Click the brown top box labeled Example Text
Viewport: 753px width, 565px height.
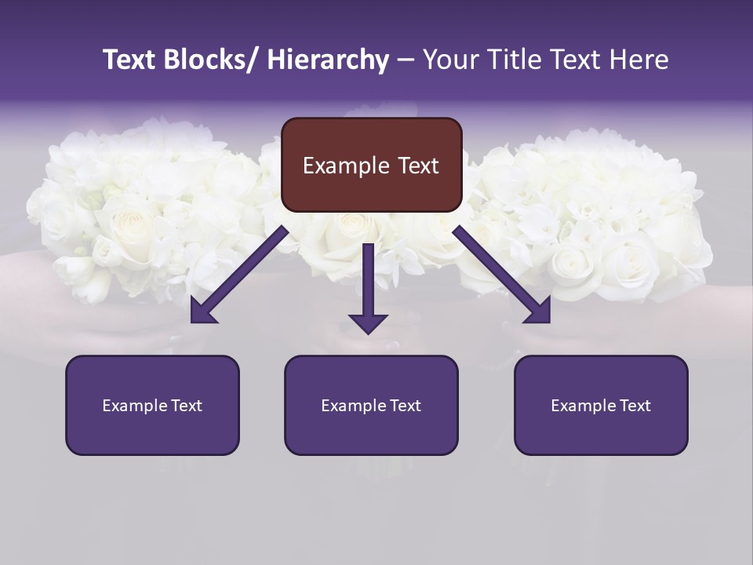click(371, 165)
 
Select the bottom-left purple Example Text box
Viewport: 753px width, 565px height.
click(152, 405)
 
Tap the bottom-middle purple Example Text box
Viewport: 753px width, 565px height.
click(371, 405)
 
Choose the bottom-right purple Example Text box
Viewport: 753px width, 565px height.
click(601, 405)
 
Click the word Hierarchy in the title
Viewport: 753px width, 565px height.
click(328, 60)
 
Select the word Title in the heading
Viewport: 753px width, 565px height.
click(506, 60)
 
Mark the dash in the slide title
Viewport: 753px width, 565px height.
click(406, 60)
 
